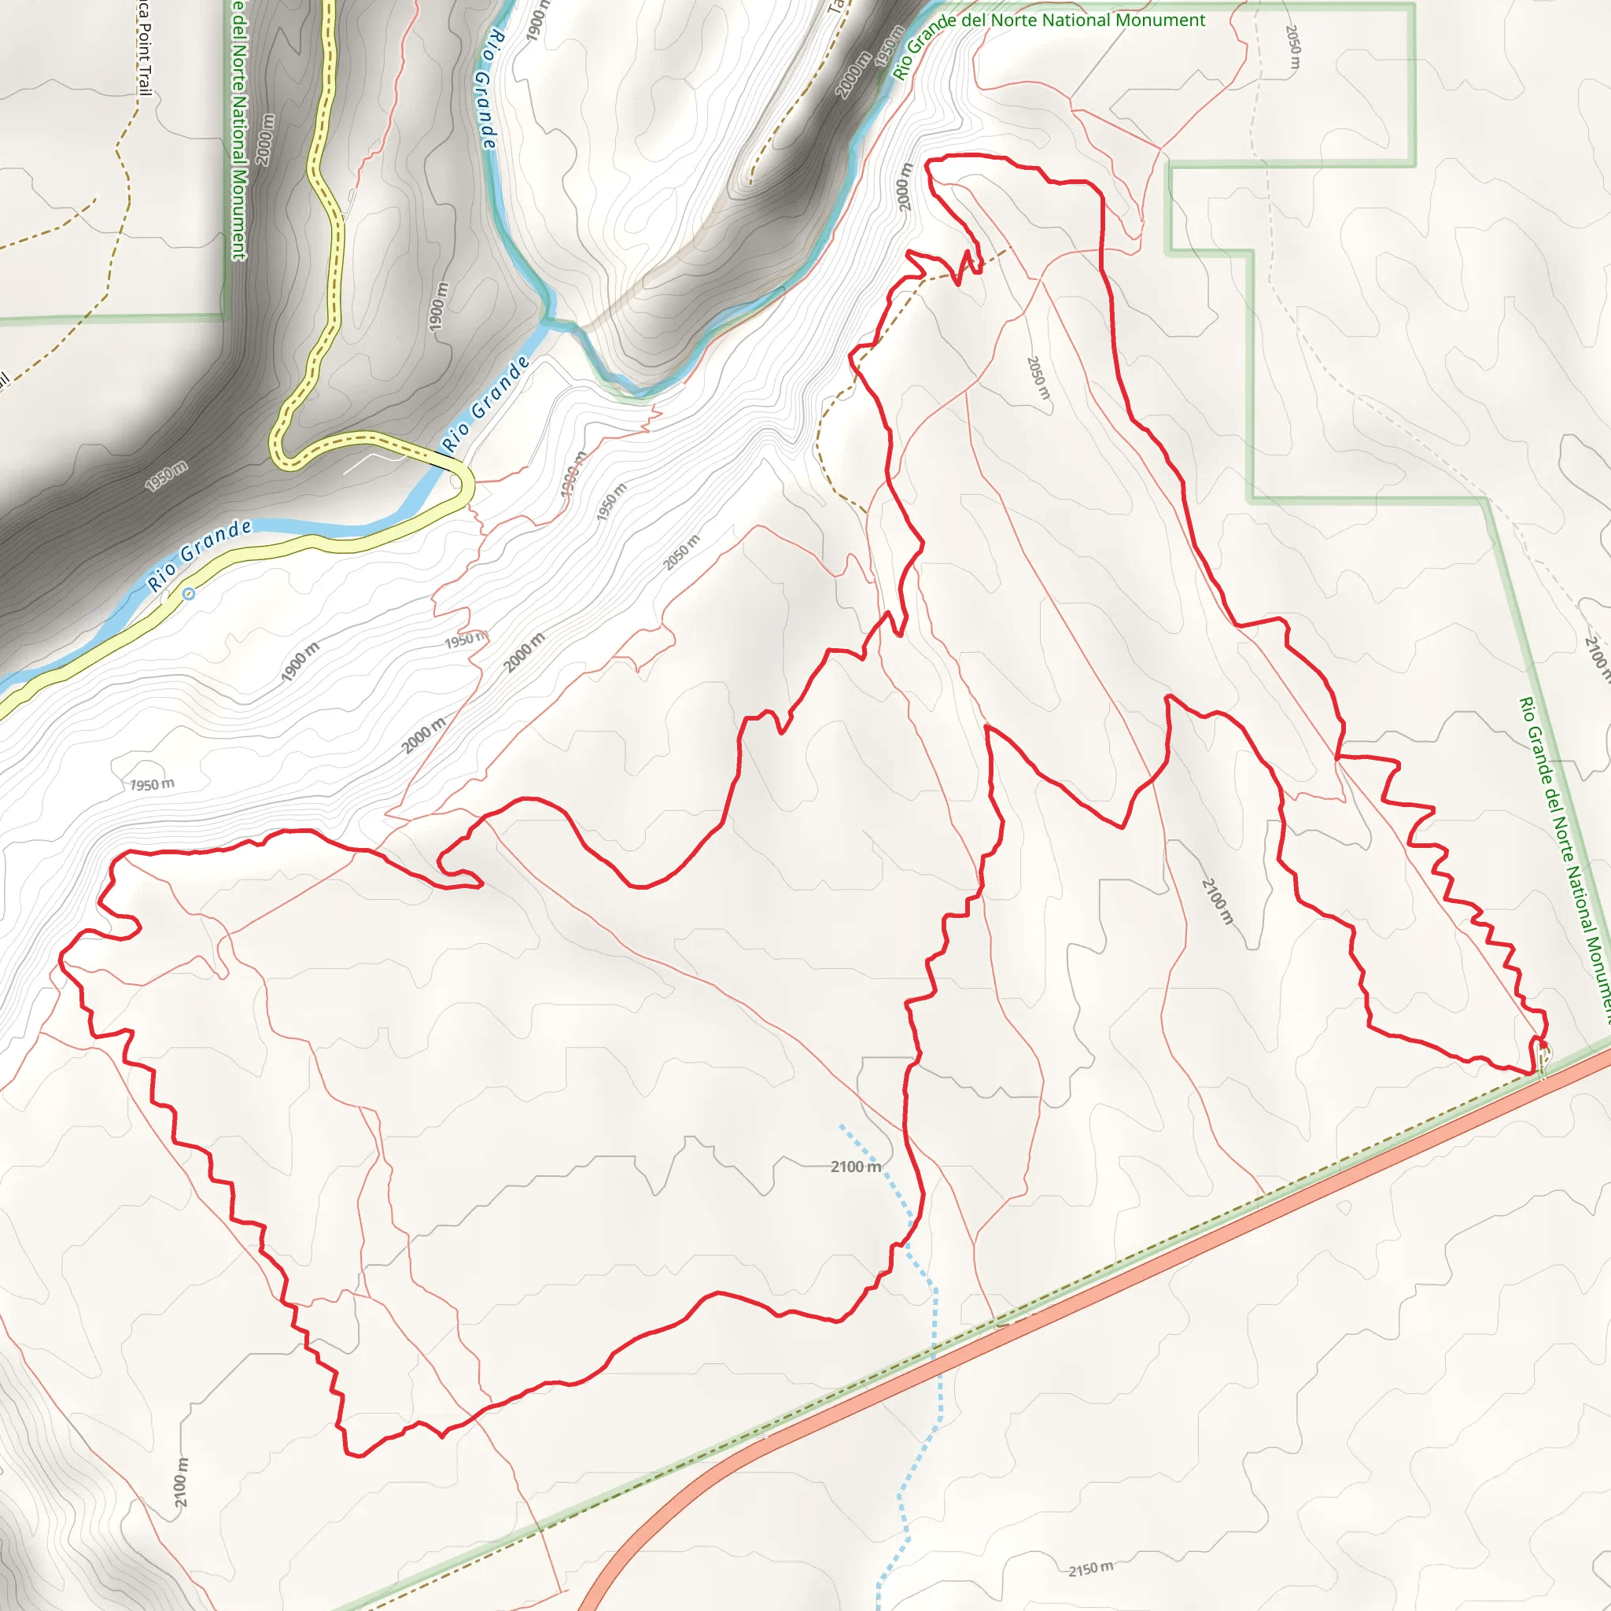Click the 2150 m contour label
pos(1091,1569)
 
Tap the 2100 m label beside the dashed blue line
pos(856,1167)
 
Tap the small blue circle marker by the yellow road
pos(190,594)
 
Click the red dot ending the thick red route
pos(1543,1045)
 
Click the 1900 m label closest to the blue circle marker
pos(300,662)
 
